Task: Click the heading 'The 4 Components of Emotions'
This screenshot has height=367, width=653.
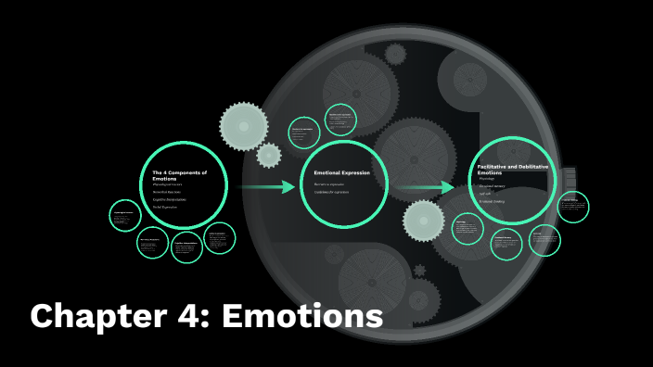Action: point(179,174)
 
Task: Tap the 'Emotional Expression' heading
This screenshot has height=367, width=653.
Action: point(341,173)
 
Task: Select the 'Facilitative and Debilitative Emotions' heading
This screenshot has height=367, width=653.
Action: point(512,169)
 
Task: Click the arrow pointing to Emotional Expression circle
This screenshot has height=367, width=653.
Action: point(265,187)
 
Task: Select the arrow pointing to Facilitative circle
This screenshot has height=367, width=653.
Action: point(428,187)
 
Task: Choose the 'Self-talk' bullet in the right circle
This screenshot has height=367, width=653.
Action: point(486,193)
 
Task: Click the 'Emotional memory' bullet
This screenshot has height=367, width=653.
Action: point(493,185)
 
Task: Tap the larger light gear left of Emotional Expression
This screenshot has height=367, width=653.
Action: point(242,123)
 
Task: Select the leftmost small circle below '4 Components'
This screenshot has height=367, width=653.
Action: point(124,217)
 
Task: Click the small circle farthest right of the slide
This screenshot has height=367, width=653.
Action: point(572,208)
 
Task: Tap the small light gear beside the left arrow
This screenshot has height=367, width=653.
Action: point(268,156)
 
